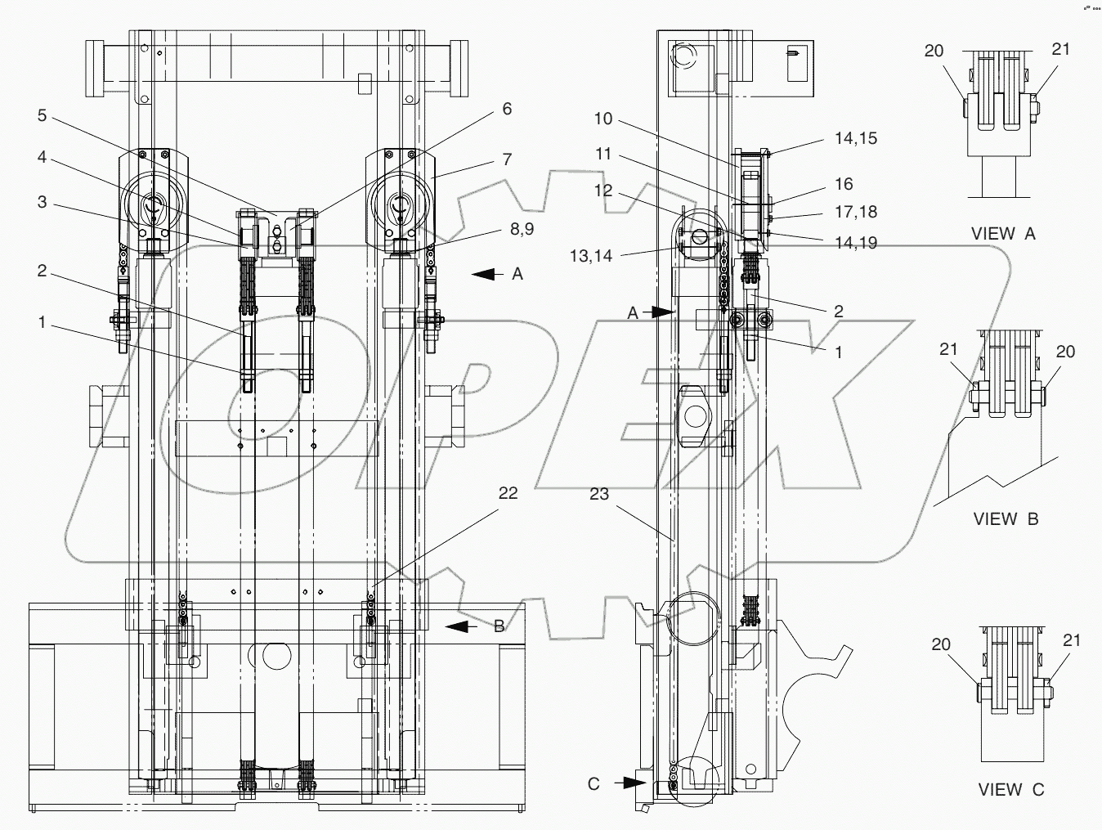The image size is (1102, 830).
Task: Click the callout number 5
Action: tap(42, 115)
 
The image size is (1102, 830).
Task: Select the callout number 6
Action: tap(507, 109)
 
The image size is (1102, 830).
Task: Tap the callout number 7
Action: tap(507, 159)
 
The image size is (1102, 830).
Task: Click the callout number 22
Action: tap(508, 493)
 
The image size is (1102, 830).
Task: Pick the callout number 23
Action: tap(599, 495)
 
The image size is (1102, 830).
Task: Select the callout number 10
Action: tap(603, 119)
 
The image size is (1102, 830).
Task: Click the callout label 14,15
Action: tap(856, 138)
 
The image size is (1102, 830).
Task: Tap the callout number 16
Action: tap(844, 184)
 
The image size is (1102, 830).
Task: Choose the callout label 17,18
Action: tap(856, 212)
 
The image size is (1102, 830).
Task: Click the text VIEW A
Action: tap(1003, 234)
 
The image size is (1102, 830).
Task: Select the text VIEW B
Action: tap(1006, 518)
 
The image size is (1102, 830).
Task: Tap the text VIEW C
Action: tap(1011, 790)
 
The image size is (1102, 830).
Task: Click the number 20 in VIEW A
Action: tap(934, 51)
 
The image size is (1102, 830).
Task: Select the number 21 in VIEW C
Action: tap(1071, 640)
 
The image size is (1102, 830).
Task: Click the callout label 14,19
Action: tap(856, 243)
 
